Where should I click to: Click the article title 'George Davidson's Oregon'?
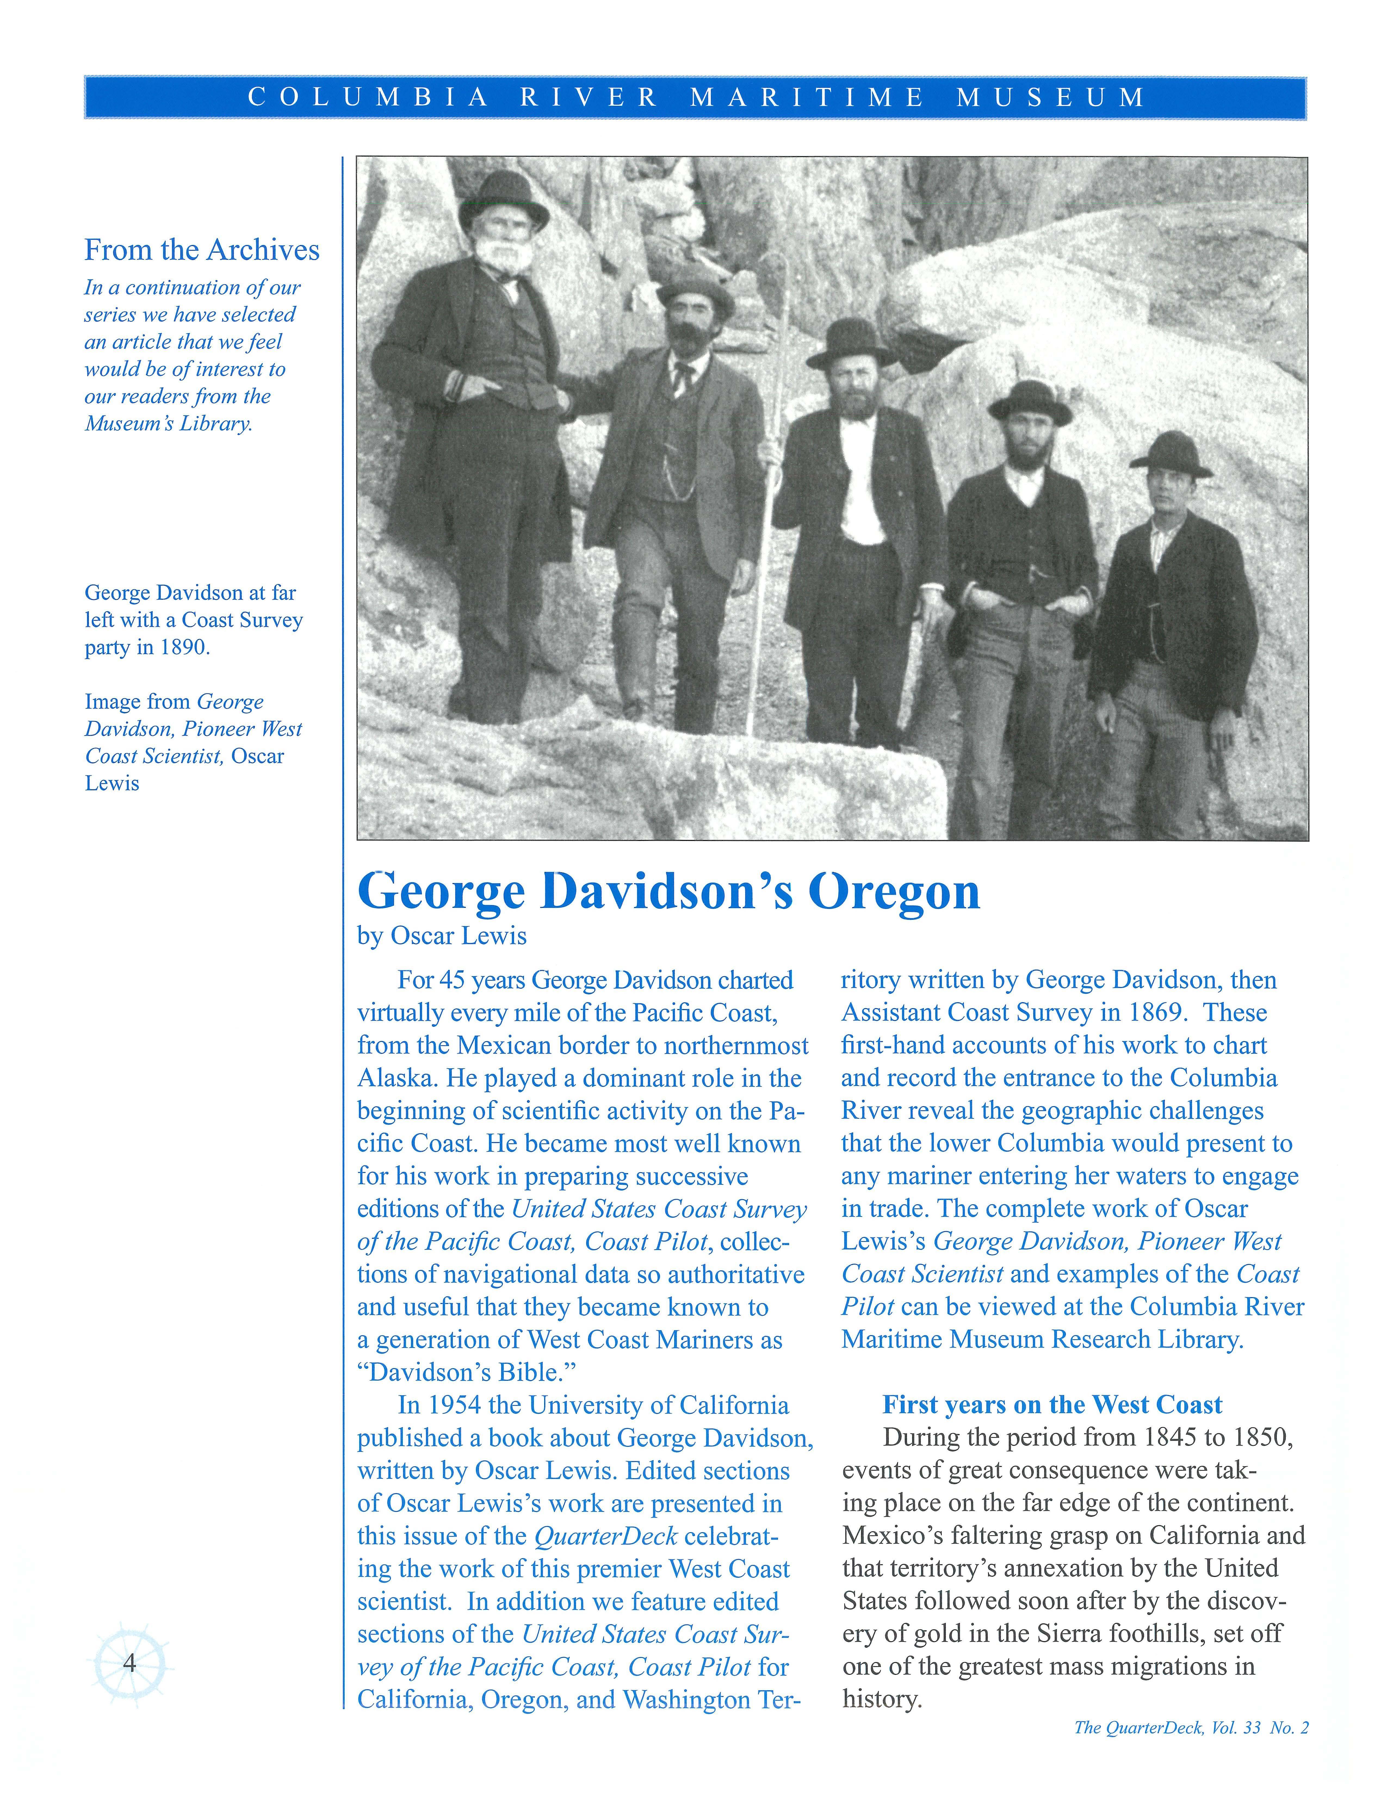coord(669,892)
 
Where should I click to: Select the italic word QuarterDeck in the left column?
coord(606,1536)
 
